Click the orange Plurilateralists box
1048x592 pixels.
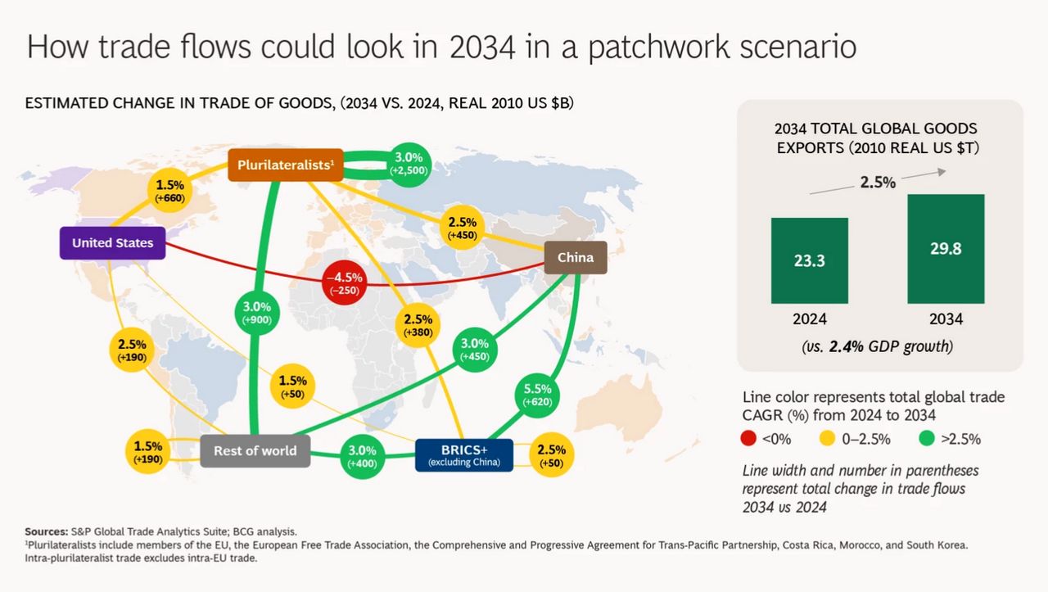(x=286, y=165)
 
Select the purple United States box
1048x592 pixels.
(x=112, y=243)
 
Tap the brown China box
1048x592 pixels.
(x=576, y=257)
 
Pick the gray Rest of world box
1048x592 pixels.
(x=255, y=450)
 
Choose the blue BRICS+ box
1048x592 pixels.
(x=464, y=455)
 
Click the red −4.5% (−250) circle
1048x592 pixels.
(x=345, y=282)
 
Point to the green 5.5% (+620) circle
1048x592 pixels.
(x=537, y=395)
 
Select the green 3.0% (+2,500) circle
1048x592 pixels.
(x=409, y=165)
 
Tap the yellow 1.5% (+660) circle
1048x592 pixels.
(x=169, y=191)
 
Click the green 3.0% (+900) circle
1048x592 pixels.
(x=257, y=313)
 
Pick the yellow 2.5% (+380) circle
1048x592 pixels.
(x=418, y=325)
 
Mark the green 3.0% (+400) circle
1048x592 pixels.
(x=362, y=456)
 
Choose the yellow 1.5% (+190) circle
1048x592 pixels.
(x=148, y=452)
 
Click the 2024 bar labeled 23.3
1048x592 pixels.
(x=810, y=260)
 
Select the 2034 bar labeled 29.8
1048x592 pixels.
(x=946, y=249)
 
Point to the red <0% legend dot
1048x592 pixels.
(x=748, y=438)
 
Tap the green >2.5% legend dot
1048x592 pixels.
(x=926, y=438)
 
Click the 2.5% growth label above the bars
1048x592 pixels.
(x=878, y=182)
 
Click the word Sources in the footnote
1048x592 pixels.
(x=47, y=531)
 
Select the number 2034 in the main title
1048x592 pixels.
(x=482, y=47)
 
